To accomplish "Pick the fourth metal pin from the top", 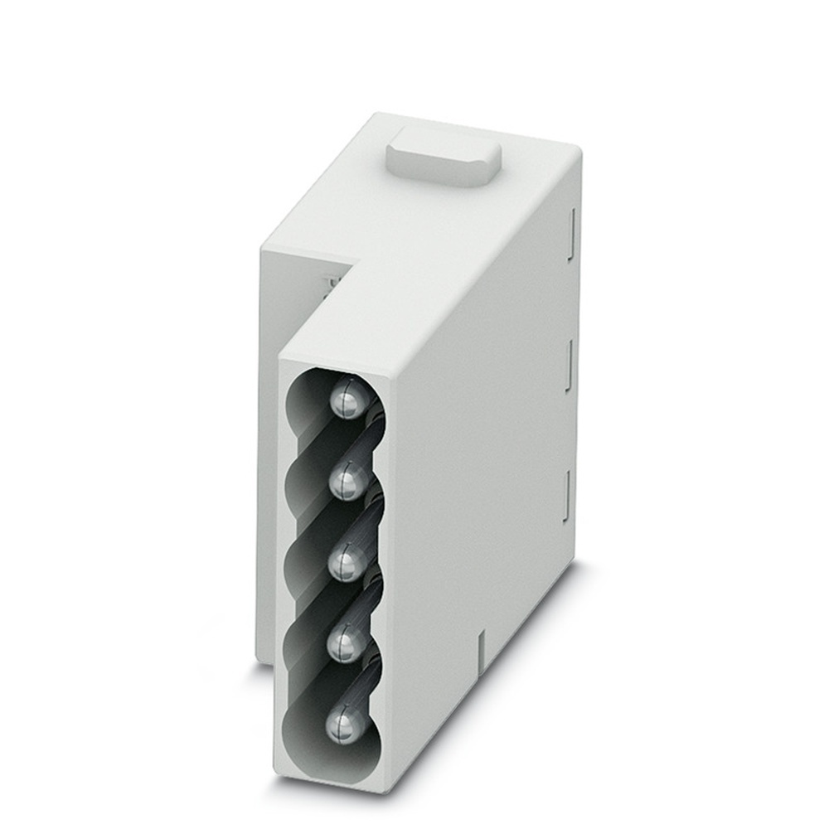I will coord(342,644).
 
